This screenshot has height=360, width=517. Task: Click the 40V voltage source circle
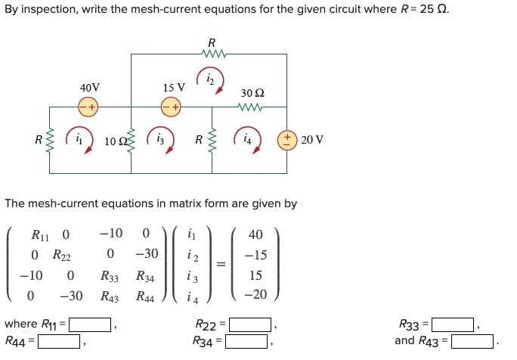coord(88,107)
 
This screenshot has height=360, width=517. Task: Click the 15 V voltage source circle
coord(171,107)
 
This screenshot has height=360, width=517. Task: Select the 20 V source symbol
coord(287,140)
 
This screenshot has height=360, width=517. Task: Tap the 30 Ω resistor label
coord(252,93)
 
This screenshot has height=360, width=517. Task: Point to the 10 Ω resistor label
coord(114,141)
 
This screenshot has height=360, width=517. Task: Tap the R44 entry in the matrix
coord(146,296)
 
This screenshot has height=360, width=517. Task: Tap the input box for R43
coord(472,340)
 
